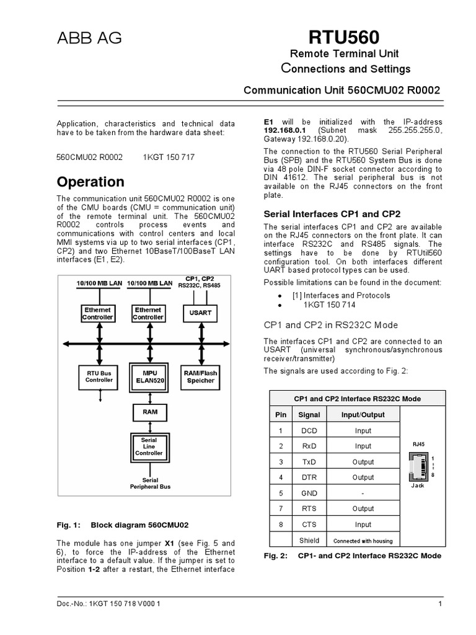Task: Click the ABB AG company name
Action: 89,38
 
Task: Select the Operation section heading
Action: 90,182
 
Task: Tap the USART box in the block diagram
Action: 200,313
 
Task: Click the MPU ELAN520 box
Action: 149,376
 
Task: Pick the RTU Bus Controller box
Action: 99,376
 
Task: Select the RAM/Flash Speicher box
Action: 200,376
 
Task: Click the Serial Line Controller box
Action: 149,446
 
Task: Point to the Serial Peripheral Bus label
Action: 150,484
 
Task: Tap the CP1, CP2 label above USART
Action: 200,282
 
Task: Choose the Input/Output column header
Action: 363,415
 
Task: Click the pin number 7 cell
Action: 280,508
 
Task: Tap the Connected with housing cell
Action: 363,540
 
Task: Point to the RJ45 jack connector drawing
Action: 418,466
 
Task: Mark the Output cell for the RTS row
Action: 363,508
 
